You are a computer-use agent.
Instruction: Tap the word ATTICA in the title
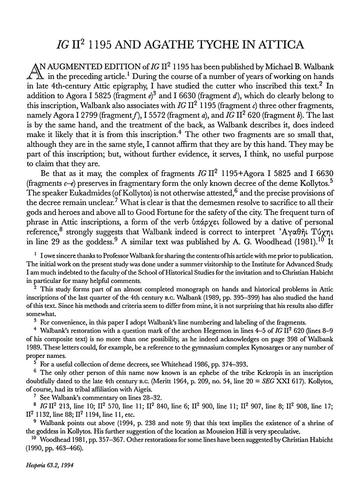[x=278, y=45]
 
